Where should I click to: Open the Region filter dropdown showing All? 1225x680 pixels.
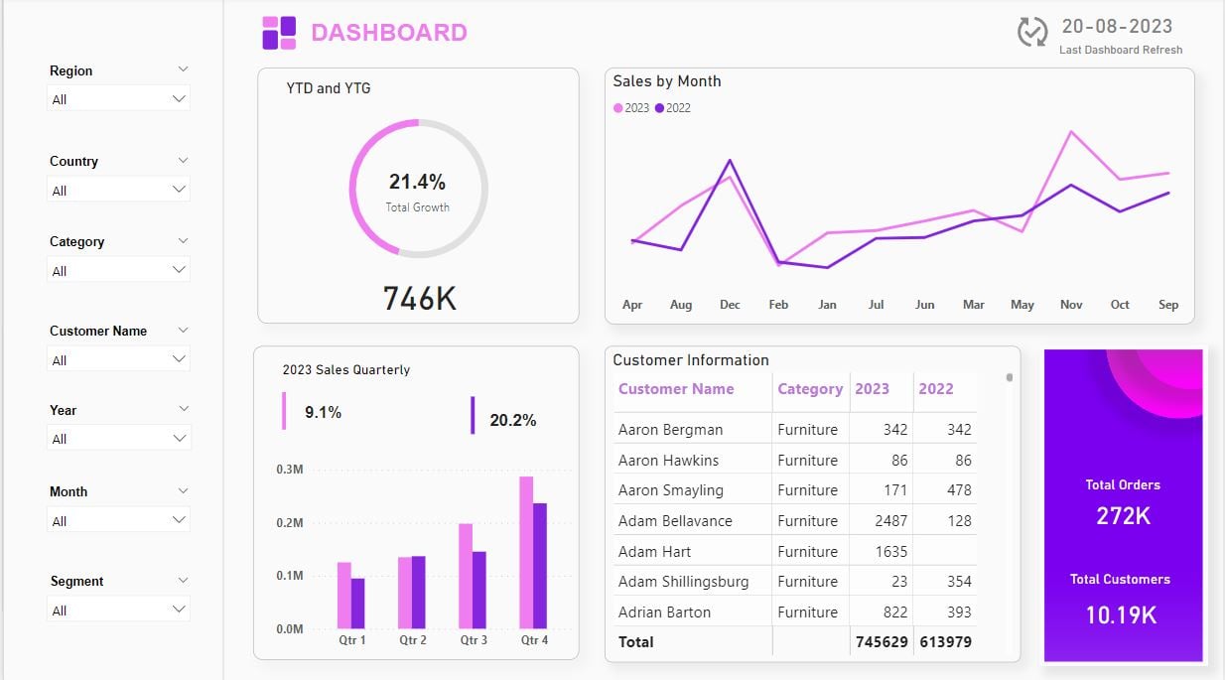pos(118,99)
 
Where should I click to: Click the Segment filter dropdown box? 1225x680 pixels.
pos(118,610)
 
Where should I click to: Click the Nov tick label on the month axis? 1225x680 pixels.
pos(1071,305)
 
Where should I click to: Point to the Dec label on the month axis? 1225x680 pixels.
pos(730,305)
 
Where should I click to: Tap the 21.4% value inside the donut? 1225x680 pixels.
pos(417,182)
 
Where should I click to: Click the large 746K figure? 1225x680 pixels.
pos(419,298)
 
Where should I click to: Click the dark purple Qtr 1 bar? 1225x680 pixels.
pos(358,604)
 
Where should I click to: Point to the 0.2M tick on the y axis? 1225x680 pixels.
pos(290,523)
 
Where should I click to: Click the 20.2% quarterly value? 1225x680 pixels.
pos(512,421)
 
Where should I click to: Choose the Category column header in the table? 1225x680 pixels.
pos(810,389)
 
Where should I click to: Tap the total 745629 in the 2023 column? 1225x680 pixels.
pos(882,641)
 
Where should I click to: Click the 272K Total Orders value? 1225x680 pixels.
pos(1123,515)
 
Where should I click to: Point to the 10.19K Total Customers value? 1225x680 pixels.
pos(1121,614)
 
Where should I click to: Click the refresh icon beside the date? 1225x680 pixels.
pos(1032,32)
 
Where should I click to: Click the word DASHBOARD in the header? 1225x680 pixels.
pos(389,33)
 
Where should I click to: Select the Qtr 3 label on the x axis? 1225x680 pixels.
pos(474,640)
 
